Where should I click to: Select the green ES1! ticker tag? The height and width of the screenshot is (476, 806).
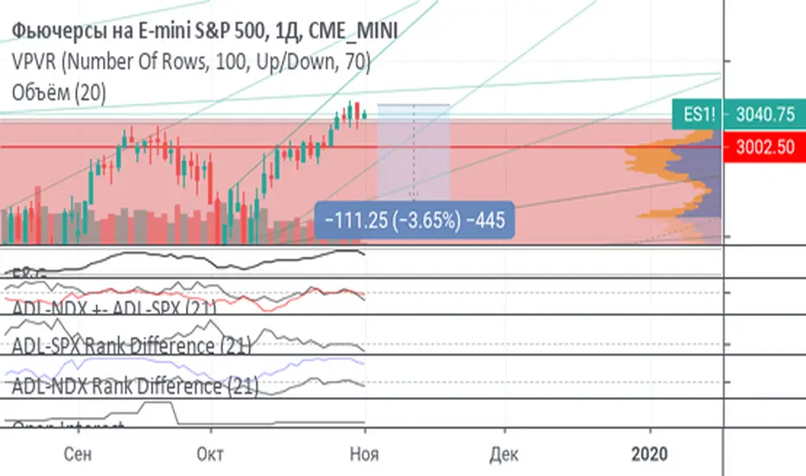pos(699,113)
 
